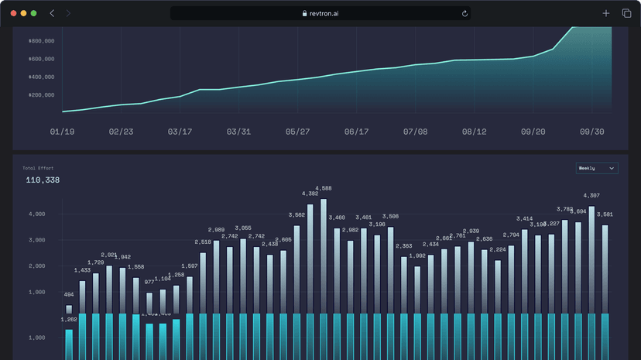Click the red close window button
[x=13, y=13]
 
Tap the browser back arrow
[x=52, y=13]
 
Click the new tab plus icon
[x=606, y=13]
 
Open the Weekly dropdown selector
[x=596, y=168]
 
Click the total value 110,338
[x=43, y=180]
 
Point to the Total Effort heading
[x=39, y=167]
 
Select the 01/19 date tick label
[x=62, y=132]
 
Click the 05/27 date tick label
[x=297, y=132]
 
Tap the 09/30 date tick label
[x=591, y=132]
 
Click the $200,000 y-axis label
[x=41, y=94]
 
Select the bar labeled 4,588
[x=324, y=255]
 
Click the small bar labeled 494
[x=69, y=309]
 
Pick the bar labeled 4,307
[x=591, y=259]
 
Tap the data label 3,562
[x=297, y=215]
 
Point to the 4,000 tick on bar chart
[x=36, y=214]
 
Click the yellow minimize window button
[x=23, y=13]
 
